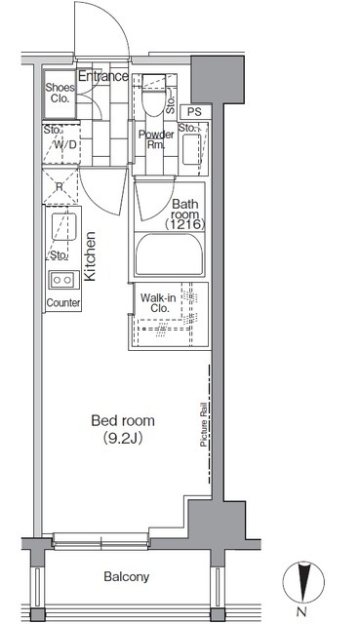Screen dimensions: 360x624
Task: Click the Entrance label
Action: [x=103, y=76]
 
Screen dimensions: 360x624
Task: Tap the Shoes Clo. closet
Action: [x=60, y=95]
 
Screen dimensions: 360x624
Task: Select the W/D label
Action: [x=65, y=144]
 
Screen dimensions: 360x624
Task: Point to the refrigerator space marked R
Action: [x=60, y=186]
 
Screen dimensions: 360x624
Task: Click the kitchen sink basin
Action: [x=63, y=227]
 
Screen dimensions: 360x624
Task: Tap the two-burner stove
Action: [x=62, y=280]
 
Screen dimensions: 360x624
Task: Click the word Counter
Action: [x=63, y=303]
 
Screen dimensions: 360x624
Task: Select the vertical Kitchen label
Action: [x=91, y=256]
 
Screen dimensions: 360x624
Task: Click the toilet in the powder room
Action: [x=154, y=95]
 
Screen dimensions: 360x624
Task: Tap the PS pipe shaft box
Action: [x=194, y=112]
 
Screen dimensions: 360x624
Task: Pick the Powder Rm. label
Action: [x=156, y=139]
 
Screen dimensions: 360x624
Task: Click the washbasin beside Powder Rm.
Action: [x=192, y=149]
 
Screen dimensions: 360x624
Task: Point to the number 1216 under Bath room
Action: [x=184, y=225]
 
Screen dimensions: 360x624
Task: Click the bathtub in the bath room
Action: [x=169, y=253]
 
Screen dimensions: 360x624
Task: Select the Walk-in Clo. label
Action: [x=158, y=302]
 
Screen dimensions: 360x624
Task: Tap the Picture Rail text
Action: [x=204, y=424]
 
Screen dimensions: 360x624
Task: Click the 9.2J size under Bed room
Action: [x=123, y=438]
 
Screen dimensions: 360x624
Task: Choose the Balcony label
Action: [x=127, y=576]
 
